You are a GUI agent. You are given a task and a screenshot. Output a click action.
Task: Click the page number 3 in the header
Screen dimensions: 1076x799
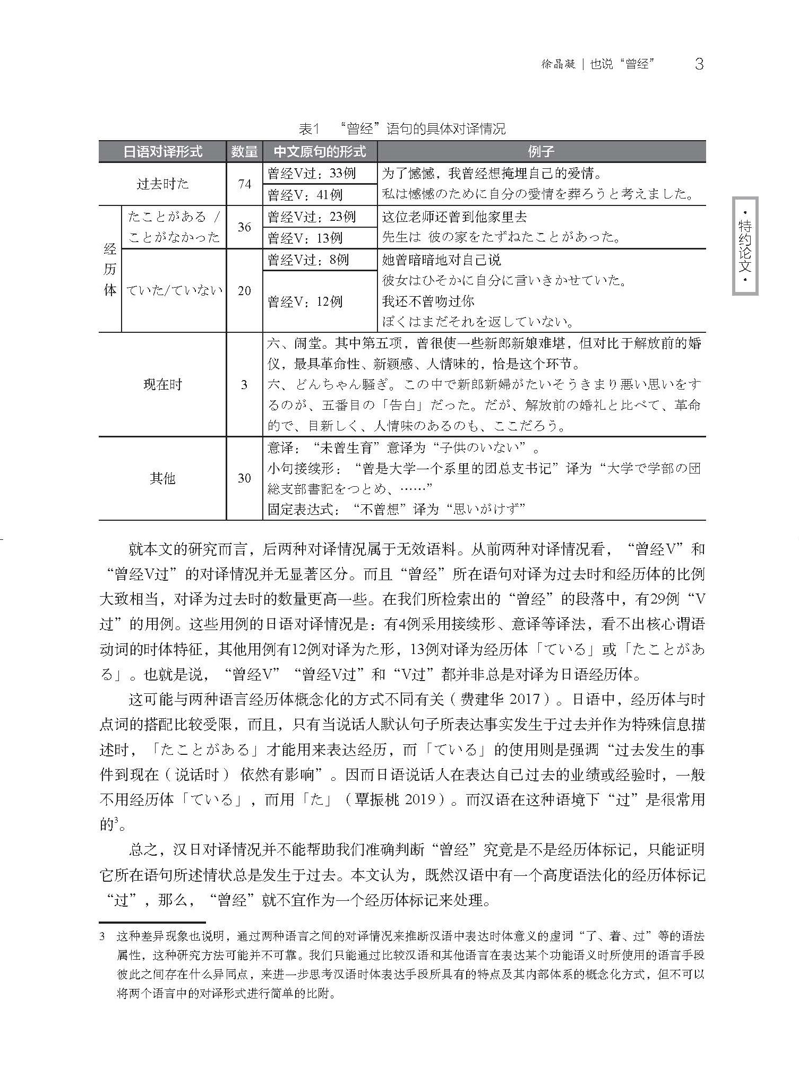699,64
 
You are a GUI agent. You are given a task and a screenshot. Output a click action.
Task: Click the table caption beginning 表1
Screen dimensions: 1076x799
402,129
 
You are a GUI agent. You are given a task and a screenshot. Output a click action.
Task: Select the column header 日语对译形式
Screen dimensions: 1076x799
162,152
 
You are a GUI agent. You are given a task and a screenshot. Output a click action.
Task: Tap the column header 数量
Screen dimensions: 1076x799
244,152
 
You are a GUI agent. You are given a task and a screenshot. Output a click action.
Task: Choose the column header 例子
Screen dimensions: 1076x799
541,152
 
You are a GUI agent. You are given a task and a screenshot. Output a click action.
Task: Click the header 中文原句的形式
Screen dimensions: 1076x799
320,152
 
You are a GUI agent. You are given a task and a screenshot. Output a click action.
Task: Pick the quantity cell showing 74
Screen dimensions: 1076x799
244,184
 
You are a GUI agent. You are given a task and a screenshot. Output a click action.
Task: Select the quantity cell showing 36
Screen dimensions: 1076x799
244,227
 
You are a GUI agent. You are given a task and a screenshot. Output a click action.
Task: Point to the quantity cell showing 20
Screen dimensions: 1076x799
244,291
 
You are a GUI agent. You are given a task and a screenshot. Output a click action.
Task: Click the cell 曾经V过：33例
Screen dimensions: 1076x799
312,174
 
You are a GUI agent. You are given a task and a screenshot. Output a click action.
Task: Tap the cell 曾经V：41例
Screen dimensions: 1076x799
305,195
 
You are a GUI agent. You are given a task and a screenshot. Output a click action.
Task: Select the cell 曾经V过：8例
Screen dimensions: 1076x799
308,260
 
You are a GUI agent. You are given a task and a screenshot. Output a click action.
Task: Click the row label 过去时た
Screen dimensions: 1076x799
162,184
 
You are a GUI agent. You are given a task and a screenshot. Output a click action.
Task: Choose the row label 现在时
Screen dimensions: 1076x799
162,385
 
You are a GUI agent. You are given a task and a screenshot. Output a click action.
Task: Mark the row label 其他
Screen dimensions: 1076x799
162,478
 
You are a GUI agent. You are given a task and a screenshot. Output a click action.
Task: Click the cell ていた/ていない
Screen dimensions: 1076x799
174,291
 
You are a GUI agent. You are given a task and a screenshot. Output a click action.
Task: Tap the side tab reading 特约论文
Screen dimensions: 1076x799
745,246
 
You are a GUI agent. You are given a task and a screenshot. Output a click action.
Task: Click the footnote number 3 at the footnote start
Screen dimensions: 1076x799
102,937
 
